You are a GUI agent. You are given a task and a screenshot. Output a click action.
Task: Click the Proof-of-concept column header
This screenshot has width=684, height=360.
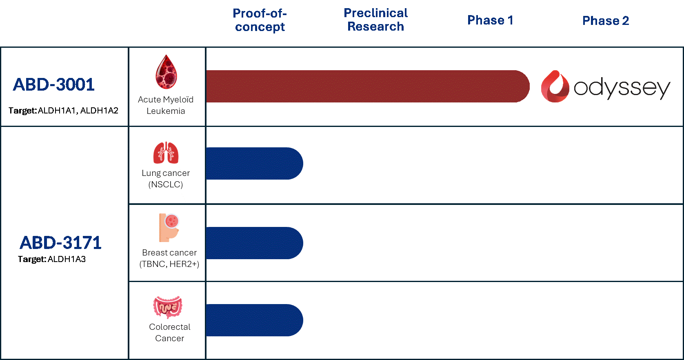260,20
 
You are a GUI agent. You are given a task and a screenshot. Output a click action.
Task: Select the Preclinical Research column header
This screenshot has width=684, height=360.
375,20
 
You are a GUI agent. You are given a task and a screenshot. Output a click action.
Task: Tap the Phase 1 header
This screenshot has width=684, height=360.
490,20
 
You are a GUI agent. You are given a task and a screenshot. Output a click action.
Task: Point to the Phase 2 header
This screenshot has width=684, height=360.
606,21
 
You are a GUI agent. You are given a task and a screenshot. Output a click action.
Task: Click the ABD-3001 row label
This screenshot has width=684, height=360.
54,85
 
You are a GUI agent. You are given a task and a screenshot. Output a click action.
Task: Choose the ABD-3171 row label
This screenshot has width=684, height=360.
60,243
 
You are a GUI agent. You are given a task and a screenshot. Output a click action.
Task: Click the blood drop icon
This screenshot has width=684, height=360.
166,72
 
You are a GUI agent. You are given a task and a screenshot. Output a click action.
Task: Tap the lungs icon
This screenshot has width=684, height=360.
166,153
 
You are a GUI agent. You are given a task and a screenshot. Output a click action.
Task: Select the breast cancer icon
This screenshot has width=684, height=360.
169,227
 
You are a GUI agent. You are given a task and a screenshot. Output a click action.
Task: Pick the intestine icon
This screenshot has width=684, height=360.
168,307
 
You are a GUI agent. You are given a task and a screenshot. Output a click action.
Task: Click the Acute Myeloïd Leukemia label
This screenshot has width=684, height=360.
166,105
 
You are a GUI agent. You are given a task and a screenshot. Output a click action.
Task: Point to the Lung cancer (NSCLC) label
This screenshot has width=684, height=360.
166,179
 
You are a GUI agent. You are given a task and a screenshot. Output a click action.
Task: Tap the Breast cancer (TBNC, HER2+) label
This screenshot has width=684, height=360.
169,258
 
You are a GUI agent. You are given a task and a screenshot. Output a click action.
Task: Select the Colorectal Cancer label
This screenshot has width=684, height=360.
170,333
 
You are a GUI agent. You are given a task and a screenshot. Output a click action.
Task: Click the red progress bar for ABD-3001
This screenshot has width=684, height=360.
367,86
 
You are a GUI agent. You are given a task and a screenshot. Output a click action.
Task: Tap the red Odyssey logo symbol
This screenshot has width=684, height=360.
555,87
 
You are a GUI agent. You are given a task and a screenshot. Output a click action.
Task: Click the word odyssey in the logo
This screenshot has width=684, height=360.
622,88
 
